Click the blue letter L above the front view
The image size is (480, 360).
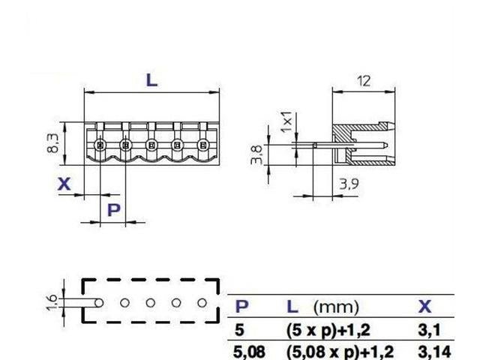point(151,79)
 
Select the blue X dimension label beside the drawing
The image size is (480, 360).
point(65,184)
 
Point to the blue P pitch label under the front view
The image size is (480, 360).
point(113,209)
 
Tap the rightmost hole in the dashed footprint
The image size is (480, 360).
point(202,303)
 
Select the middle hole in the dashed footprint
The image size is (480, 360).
point(151,303)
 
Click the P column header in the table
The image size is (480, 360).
point(242,307)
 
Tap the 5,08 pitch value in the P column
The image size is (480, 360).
point(249,350)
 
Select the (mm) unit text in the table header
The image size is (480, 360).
point(335,307)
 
